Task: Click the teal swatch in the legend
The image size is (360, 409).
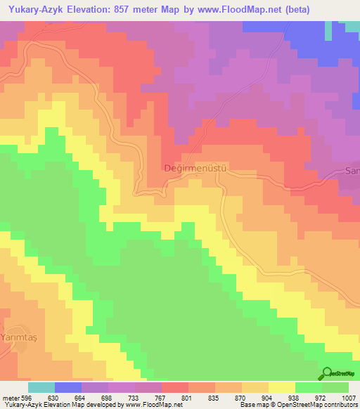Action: [x=41, y=387]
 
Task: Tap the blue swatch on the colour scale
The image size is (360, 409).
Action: [x=68, y=387]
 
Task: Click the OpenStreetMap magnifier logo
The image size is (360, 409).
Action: [x=327, y=373]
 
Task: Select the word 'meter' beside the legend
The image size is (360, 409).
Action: [x=10, y=398]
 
